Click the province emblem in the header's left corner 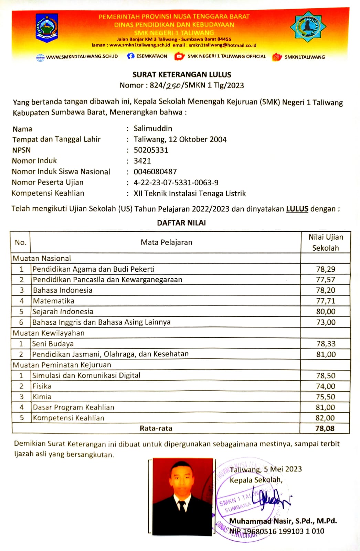(47, 28)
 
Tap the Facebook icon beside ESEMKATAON (130, 56)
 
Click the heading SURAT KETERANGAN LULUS (182, 74)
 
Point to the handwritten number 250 (173, 86)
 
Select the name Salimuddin (153, 128)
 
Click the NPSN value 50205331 (151, 150)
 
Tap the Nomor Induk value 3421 (142, 161)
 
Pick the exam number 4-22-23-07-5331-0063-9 (176, 183)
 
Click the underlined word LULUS (297, 209)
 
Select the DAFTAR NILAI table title (181, 223)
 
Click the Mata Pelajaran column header (166, 242)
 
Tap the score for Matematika (326, 301)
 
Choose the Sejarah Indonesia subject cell (63, 311)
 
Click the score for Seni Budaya (326, 344)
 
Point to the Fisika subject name (42, 386)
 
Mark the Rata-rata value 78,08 (325, 428)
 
